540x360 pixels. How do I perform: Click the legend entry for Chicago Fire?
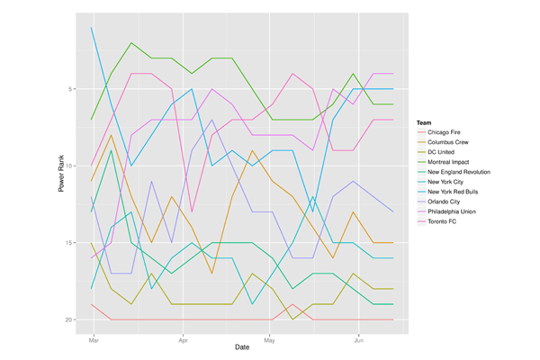(x=445, y=132)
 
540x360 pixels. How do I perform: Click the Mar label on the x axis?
(x=93, y=341)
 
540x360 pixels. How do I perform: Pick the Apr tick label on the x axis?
(x=183, y=341)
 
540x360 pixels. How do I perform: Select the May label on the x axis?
(x=269, y=341)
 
